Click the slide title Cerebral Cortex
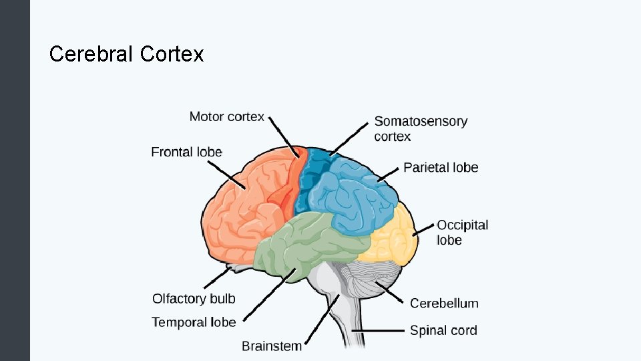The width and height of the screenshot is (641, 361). [126, 53]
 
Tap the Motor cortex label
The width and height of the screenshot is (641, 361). [226, 117]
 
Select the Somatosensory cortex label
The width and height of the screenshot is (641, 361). [421, 129]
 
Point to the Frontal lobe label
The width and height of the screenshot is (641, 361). [186, 152]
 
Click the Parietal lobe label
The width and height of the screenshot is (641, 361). [441, 167]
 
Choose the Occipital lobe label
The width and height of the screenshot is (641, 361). [462, 233]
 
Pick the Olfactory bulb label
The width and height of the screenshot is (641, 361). [194, 298]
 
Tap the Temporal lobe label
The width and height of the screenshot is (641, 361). [194, 322]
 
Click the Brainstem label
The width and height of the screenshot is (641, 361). [271, 346]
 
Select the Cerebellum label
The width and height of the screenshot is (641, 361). [444, 304]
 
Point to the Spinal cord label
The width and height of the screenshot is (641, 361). [443, 330]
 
